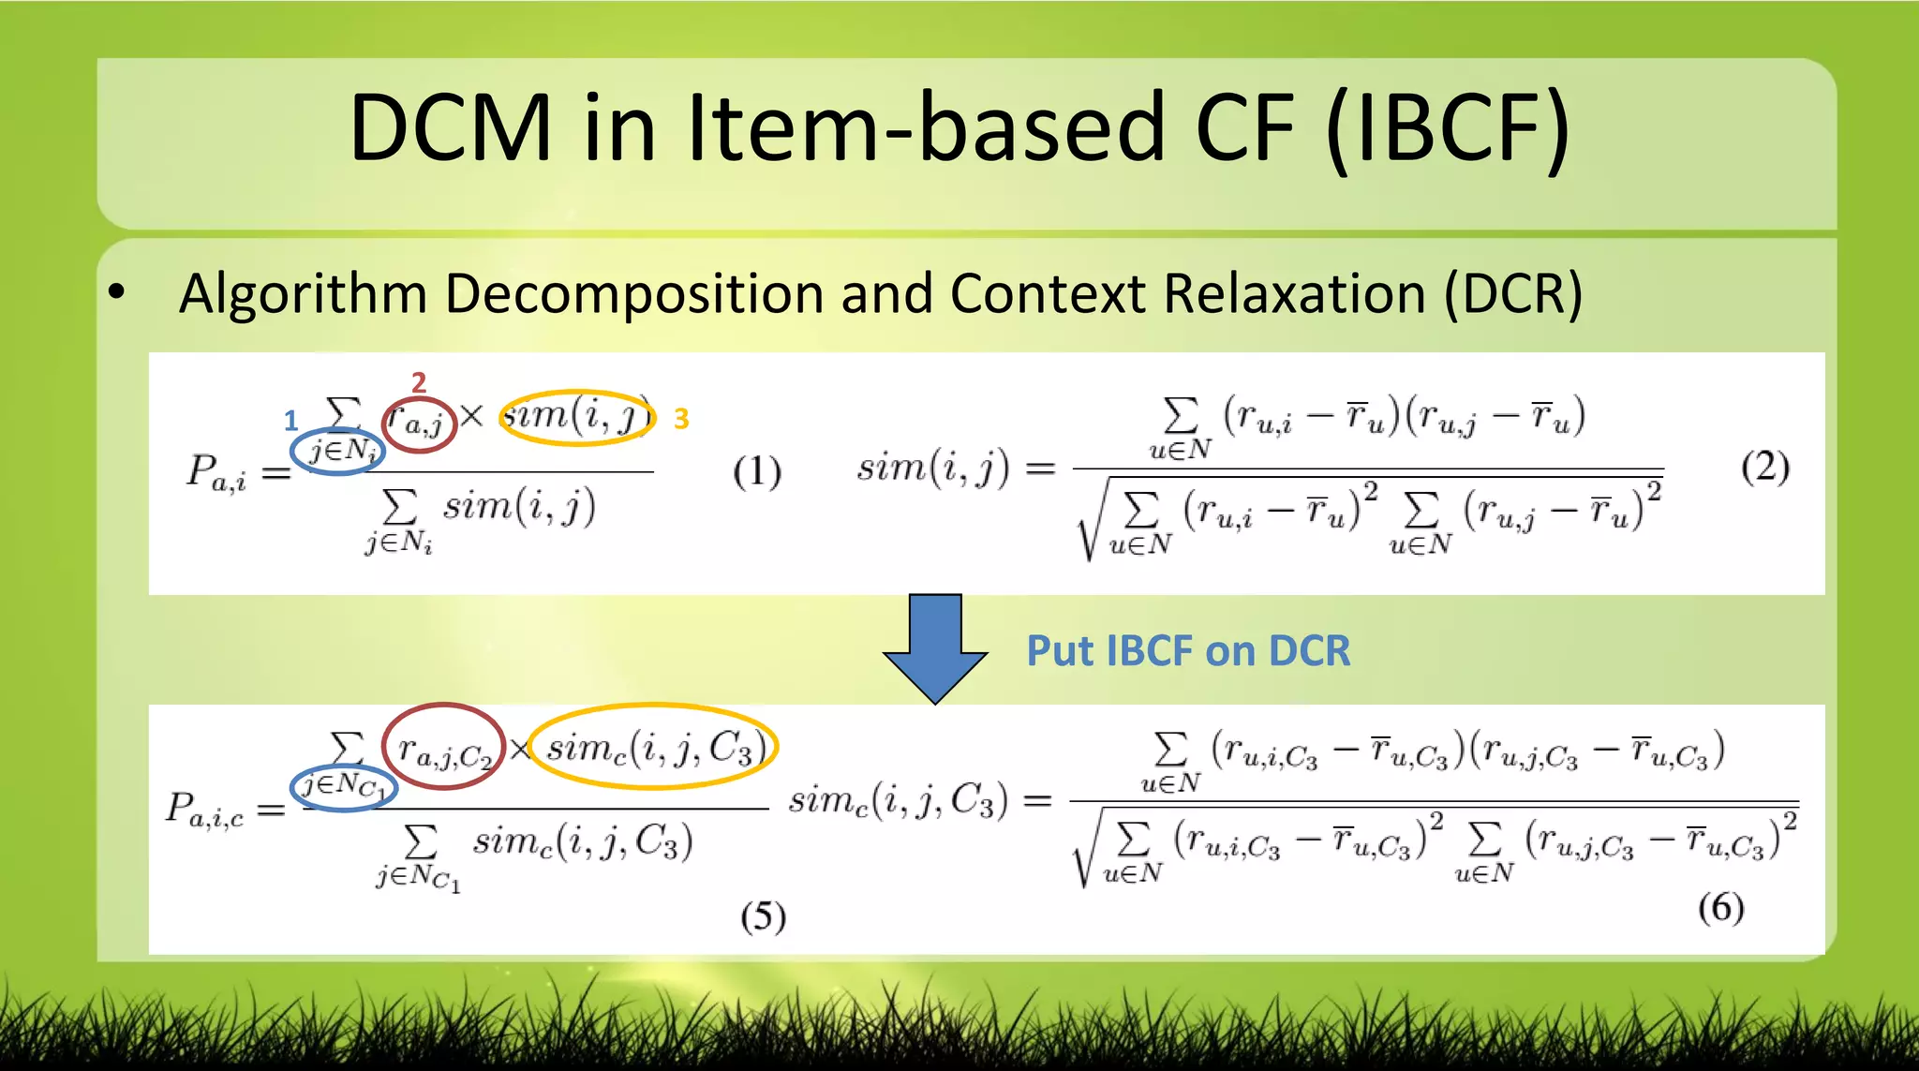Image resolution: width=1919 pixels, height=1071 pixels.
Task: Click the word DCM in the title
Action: tap(450, 128)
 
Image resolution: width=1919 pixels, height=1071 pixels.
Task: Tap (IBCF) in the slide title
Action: tap(1448, 128)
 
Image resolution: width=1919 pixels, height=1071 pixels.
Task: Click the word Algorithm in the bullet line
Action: tap(303, 293)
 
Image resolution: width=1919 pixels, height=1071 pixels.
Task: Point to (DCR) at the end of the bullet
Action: tap(1512, 294)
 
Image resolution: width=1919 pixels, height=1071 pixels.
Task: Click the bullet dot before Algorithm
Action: tap(116, 292)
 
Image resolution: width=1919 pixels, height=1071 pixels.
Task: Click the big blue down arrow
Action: tap(934, 647)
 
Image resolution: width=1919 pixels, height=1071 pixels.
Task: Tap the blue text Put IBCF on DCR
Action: tap(1188, 651)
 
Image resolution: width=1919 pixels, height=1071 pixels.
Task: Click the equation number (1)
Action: tap(757, 470)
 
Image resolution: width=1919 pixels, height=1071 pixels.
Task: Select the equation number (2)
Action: tap(1765, 466)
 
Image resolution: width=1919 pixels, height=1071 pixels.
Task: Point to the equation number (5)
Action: tap(763, 915)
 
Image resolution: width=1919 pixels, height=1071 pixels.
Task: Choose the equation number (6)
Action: tap(1721, 906)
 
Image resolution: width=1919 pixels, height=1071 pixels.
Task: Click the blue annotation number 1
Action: tap(290, 420)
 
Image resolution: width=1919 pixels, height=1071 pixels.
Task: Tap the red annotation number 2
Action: tap(419, 381)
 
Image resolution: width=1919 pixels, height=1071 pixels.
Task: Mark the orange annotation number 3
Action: tap(681, 419)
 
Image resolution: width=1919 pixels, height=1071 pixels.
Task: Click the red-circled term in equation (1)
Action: tap(419, 424)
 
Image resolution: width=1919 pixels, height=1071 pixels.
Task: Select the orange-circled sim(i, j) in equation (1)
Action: tap(576, 416)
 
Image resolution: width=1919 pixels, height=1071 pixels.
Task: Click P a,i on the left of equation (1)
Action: tap(216, 472)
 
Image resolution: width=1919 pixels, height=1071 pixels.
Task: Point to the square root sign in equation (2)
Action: tap(1088, 525)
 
